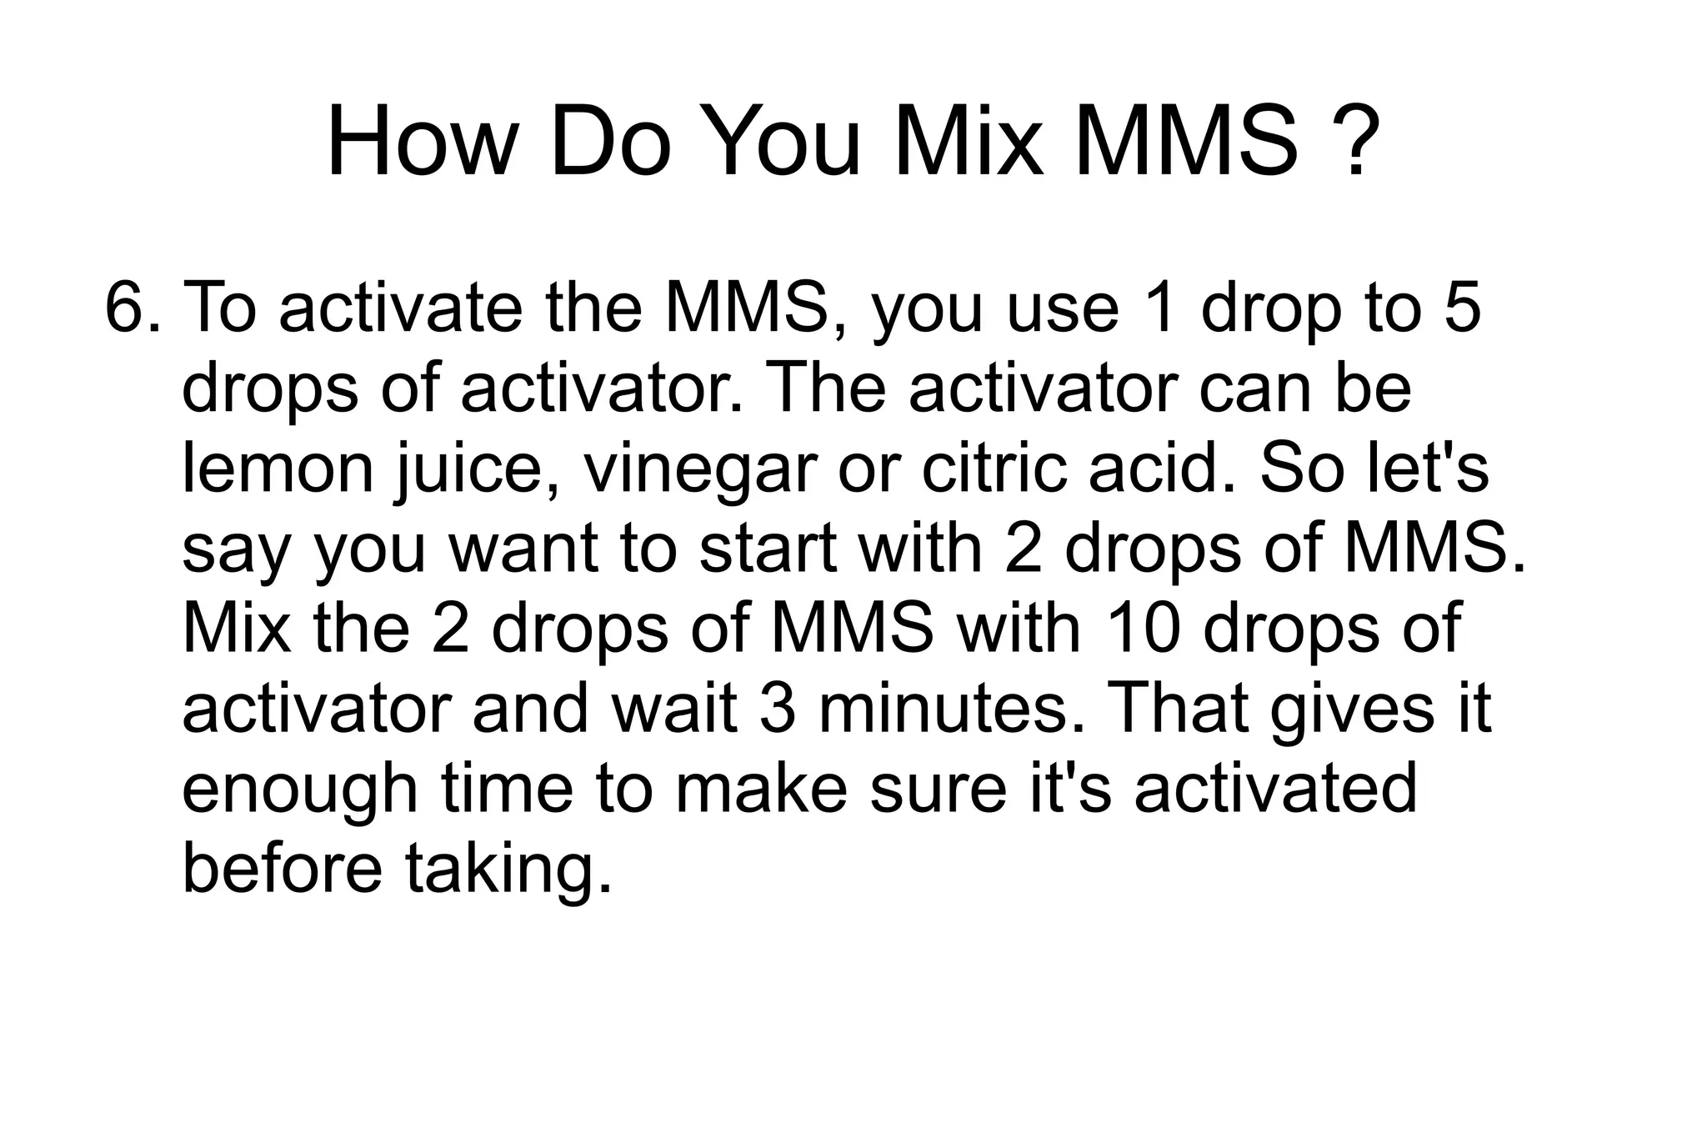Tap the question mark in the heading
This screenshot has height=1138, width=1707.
[x=1355, y=142]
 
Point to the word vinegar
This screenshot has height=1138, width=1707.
[x=699, y=471]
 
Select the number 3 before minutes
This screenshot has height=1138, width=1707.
[x=778, y=708]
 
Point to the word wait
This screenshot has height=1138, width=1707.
[x=673, y=708]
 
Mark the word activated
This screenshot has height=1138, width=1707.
[x=1275, y=788]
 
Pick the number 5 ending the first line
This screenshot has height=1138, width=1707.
[x=1460, y=307]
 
